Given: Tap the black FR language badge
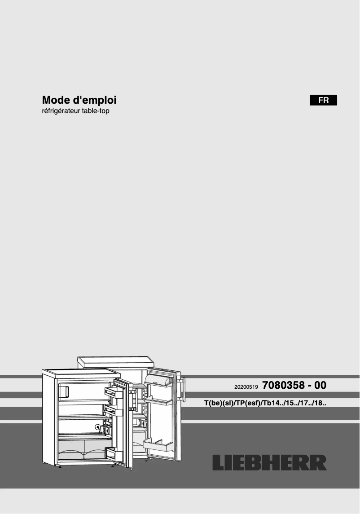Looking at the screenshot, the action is point(323,101).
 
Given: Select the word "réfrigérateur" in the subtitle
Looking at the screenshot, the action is point(60,111).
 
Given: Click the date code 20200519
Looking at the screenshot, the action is point(246,387).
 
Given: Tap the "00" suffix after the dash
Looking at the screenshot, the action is point(320,385).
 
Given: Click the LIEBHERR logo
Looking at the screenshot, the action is point(269,463).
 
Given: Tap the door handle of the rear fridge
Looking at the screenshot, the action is point(182,389).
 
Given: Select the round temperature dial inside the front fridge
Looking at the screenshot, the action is point(98,427).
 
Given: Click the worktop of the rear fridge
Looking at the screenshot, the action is point(115,360).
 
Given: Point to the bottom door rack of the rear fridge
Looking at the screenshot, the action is point(158,446).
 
